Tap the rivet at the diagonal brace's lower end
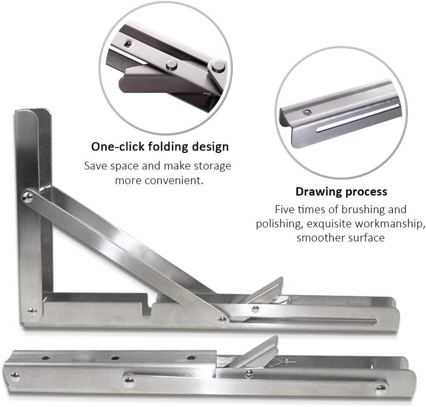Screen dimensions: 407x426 click(222, 320)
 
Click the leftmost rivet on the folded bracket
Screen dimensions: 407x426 click(15, 376)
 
